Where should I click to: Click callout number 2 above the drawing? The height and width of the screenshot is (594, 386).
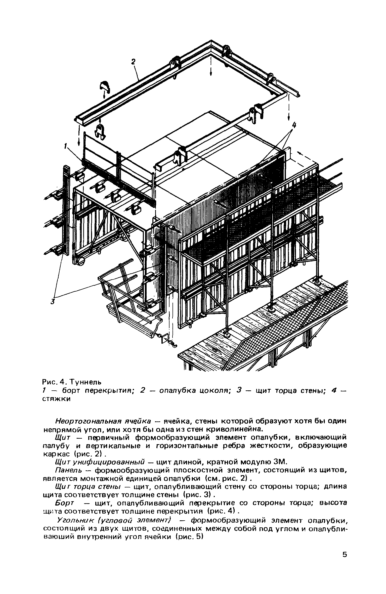[134, 62]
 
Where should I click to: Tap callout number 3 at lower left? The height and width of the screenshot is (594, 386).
[52, 302]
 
